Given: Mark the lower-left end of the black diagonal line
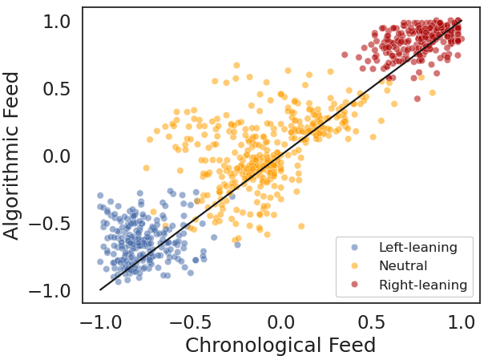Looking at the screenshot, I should pyautogui.click(x=101, y=289).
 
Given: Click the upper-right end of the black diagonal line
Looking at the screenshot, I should pyautogui.click(x=462, y=22).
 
